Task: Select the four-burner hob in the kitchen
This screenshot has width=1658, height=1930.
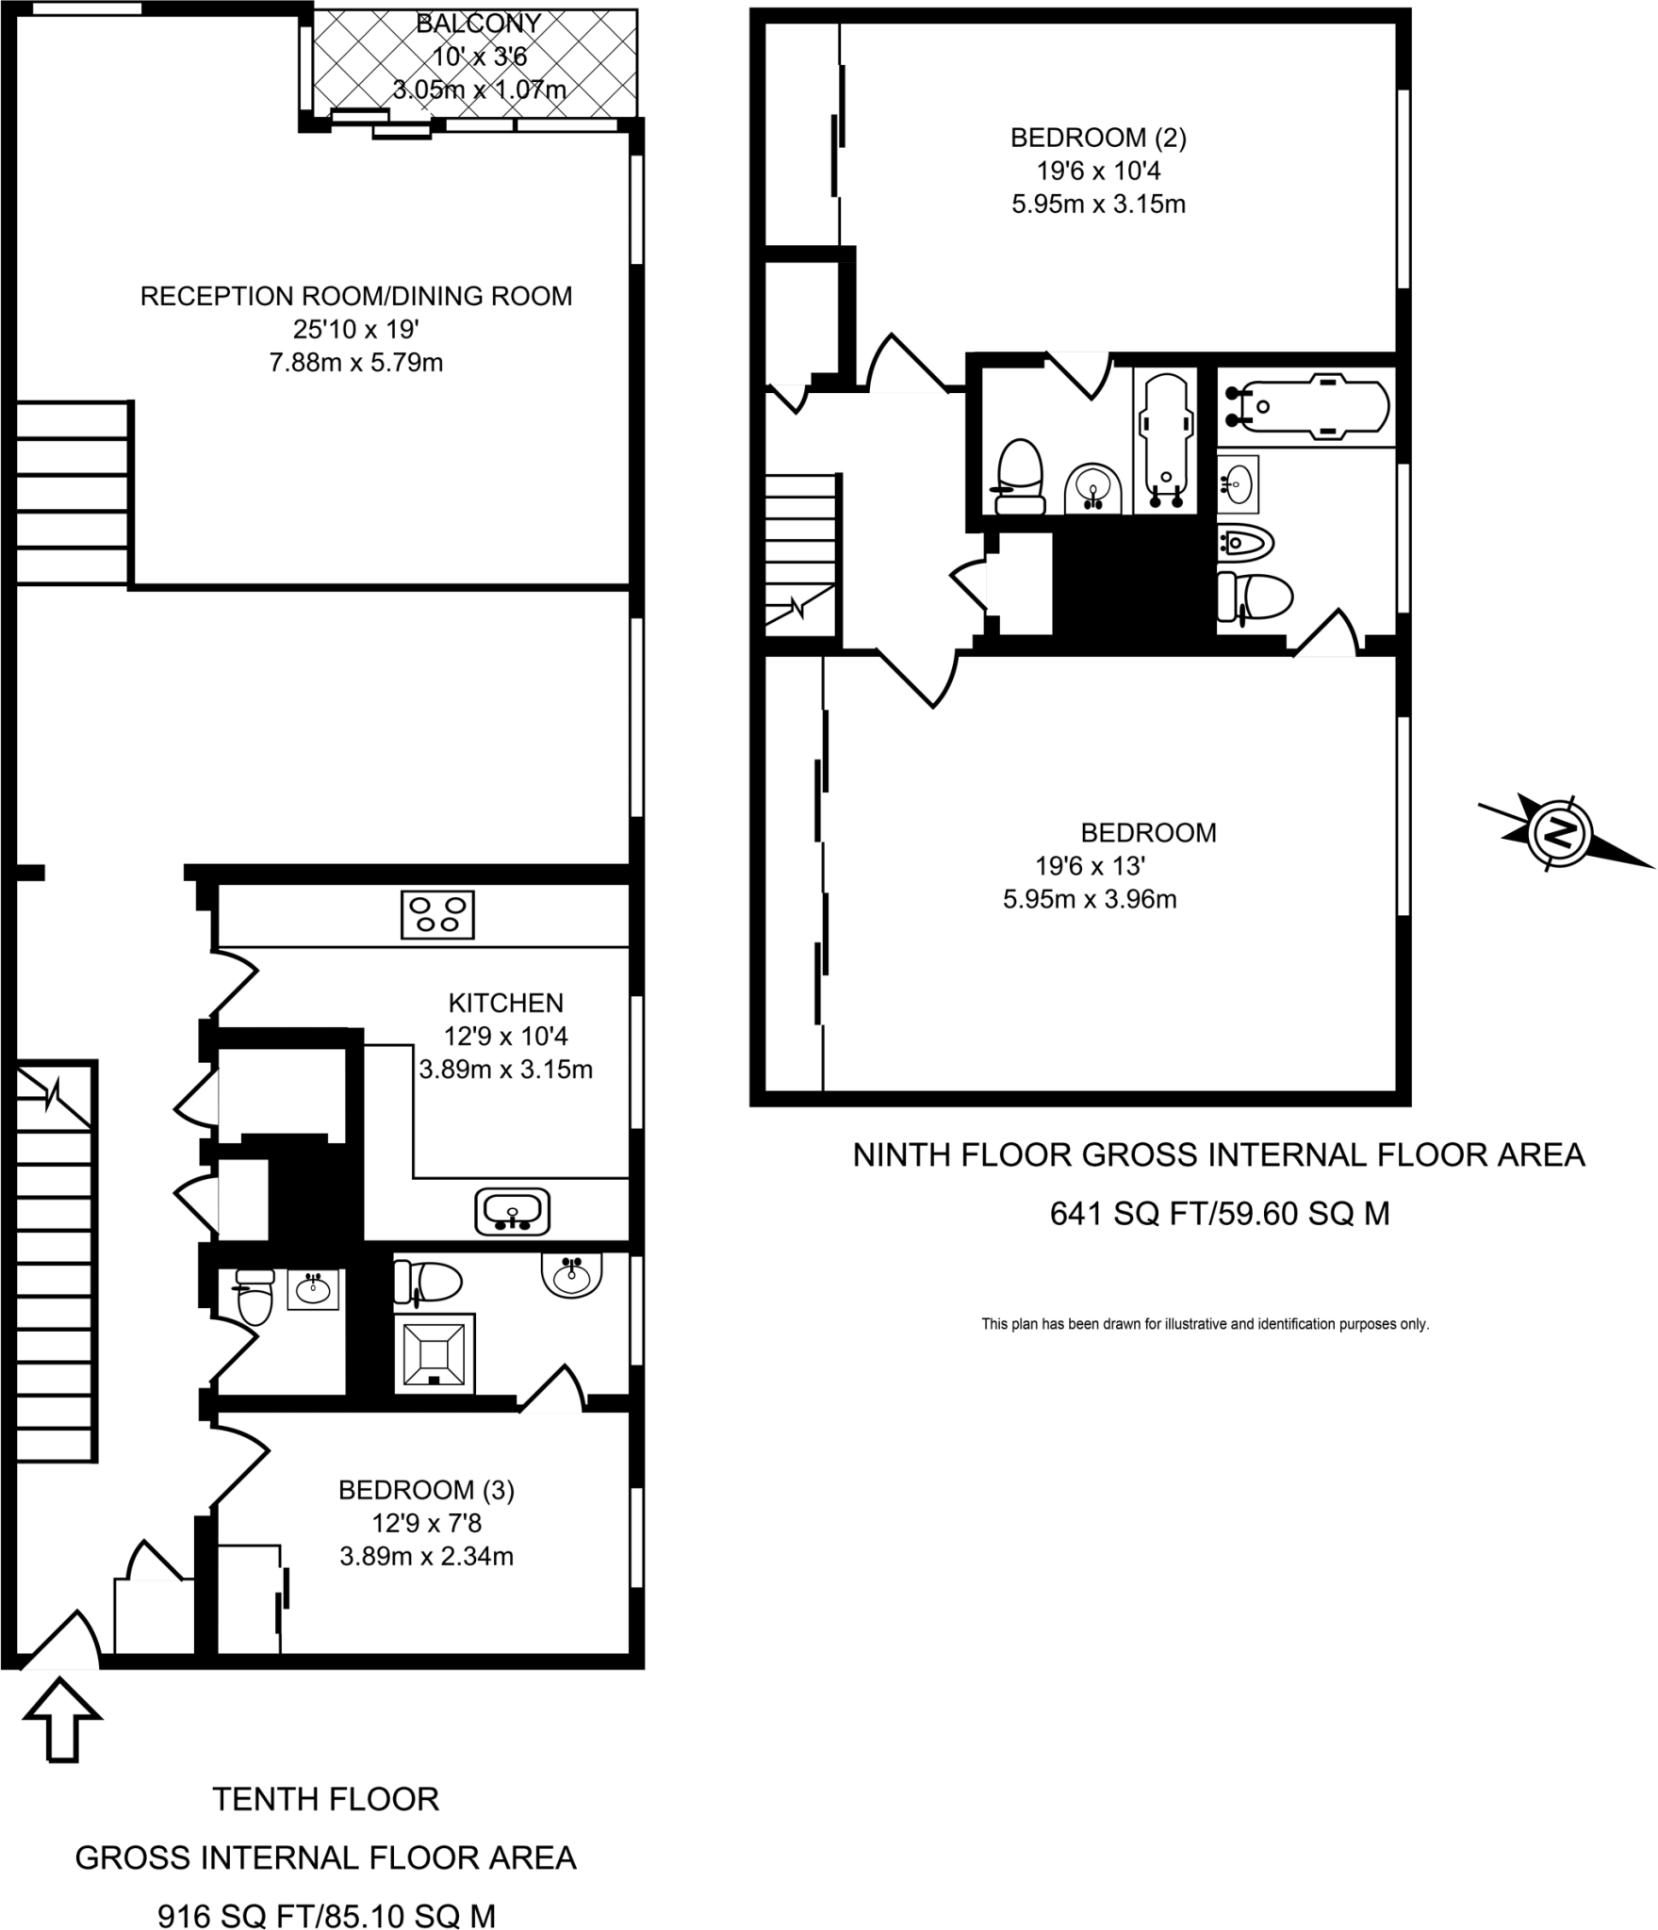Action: tap(437, 914)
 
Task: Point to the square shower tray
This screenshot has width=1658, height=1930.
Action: tap(434, 1354)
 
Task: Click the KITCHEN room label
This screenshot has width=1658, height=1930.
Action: tap(505, 1003)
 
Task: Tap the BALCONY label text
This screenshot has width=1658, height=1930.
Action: tap(478, 23)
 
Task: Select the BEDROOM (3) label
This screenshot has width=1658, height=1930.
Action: tap(426, 1490)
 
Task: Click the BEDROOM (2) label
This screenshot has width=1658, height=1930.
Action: tap(1098, 138)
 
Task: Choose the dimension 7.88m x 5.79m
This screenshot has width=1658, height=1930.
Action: tap(355, 363)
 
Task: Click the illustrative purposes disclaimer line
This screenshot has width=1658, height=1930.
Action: tap(1205, 1324)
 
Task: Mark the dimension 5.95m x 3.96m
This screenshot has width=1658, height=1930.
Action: tap(1089, 899)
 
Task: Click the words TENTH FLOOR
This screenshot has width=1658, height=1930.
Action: tap(326, 1799)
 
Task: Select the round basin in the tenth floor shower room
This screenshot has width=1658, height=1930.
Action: tap(571, 1275)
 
